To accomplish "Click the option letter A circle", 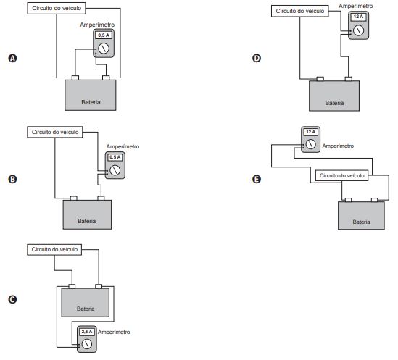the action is click(13, 59).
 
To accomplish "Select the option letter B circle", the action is click(13, 180).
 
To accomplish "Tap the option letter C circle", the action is click(13, 299).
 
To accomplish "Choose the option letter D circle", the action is click(257, 59).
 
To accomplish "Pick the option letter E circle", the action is click(257, 180).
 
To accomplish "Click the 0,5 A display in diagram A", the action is click(104, 35).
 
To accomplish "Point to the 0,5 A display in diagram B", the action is click(115, 157).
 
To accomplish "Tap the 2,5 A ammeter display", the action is click(87, 332).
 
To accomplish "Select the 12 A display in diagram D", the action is click(358, 17).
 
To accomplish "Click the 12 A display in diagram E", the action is click(311, 132).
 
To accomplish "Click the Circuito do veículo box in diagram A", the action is click(57, 9).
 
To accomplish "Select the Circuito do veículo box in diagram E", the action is click(341, 175).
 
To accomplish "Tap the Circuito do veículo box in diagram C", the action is click(54, 250).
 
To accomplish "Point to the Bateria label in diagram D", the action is click(334, 103).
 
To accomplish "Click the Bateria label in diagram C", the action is click(86, 309).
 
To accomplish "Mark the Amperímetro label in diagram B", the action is click(123, 146).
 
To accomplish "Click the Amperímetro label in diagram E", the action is click(338, 146).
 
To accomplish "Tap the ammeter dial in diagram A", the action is click(104, 49).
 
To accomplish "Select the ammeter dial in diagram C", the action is click(87, 344).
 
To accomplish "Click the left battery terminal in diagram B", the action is click(74, 198).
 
